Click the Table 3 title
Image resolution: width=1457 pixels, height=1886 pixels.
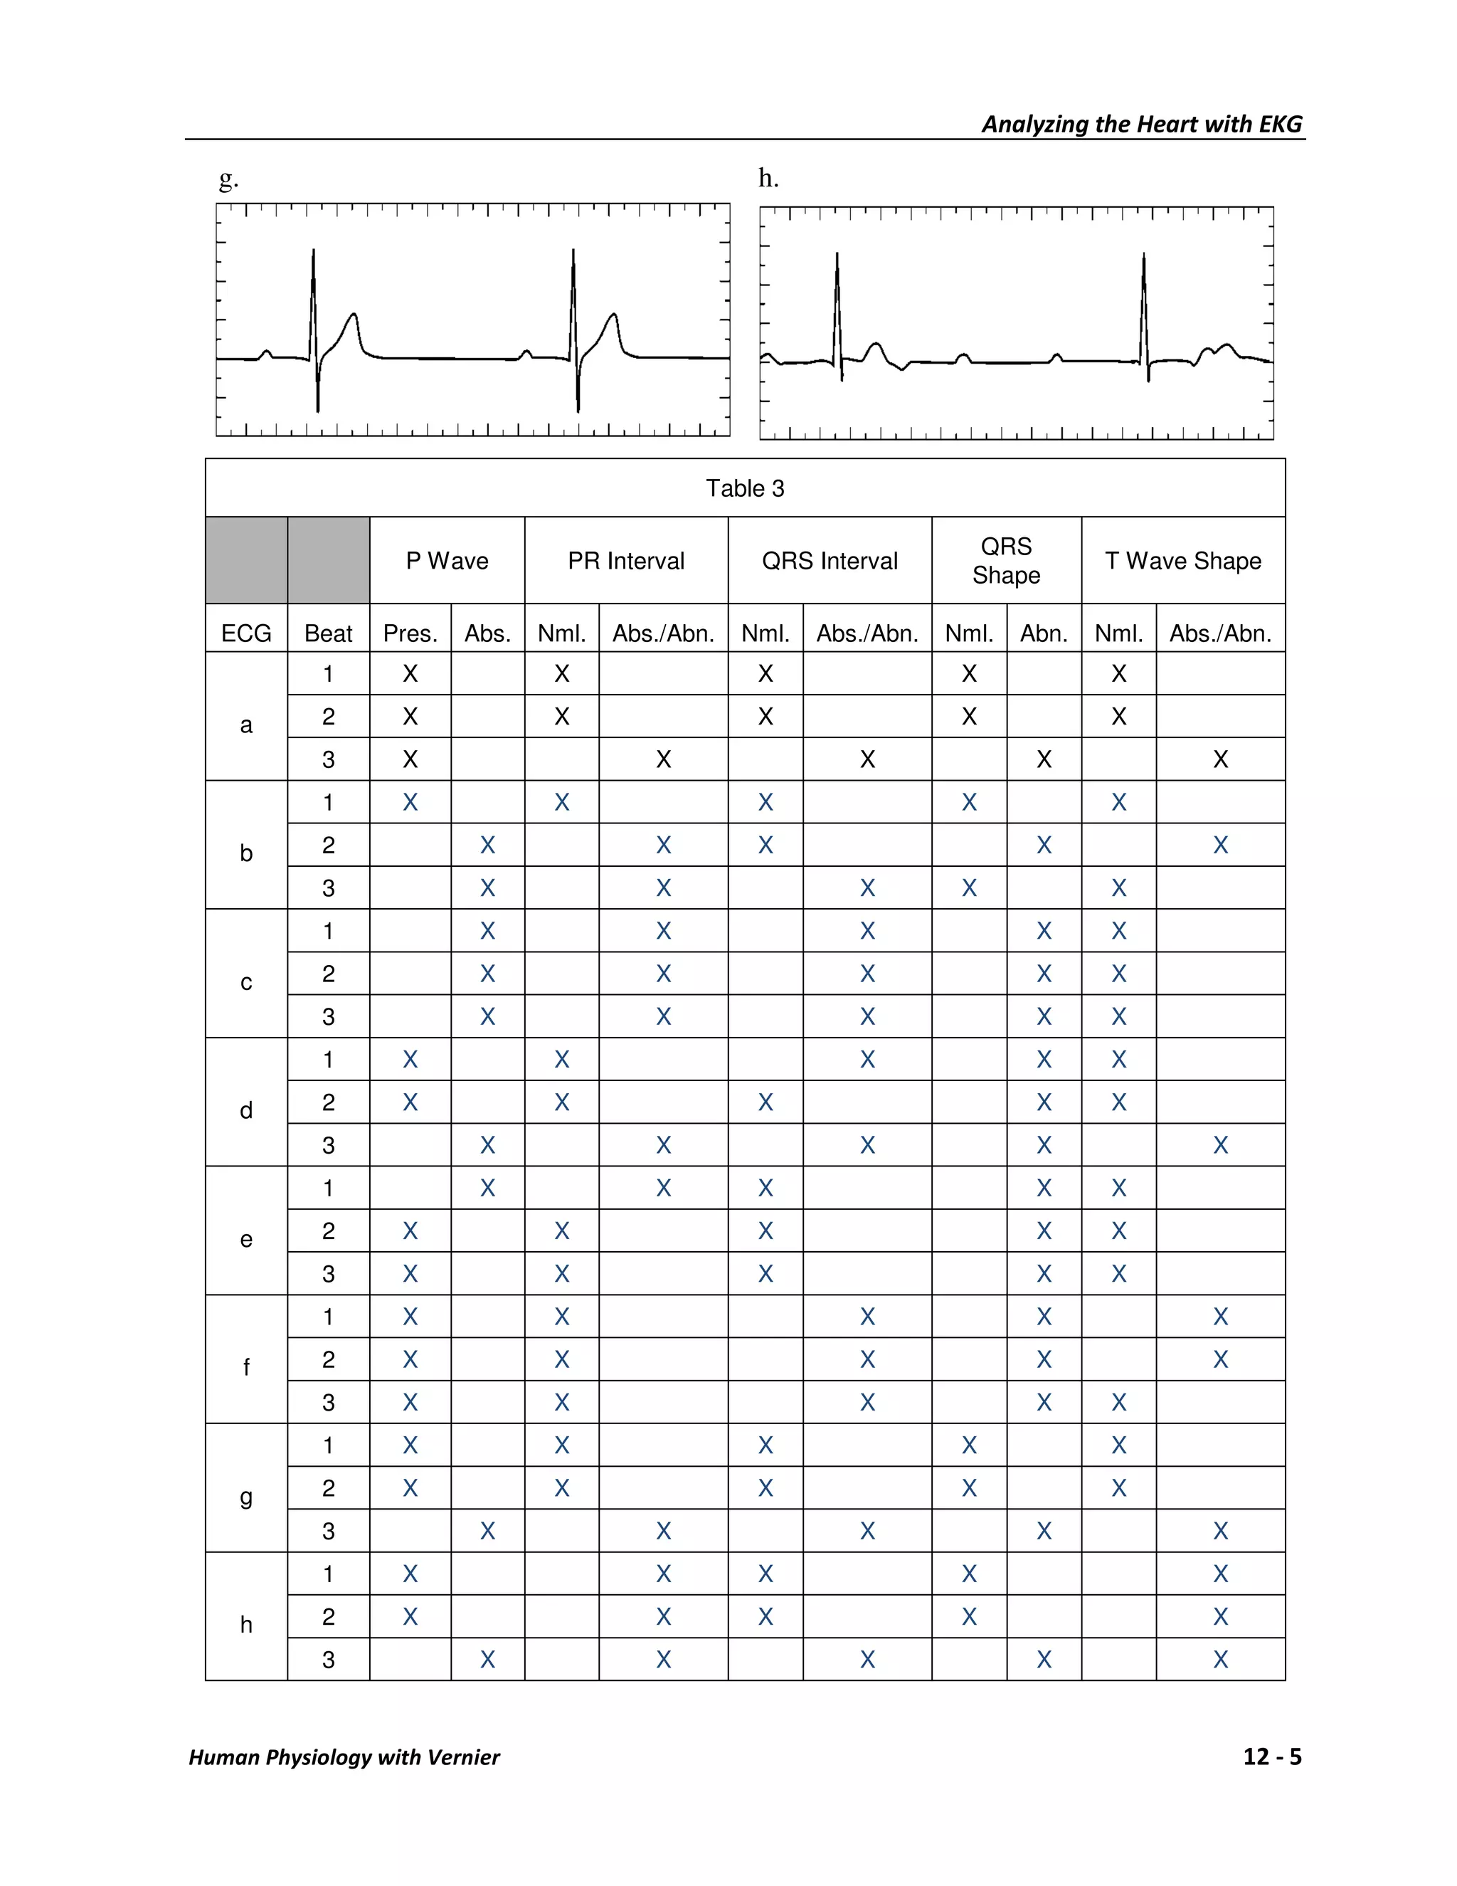(x=744, y=489)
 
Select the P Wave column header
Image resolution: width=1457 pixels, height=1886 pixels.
(x=447, y=562)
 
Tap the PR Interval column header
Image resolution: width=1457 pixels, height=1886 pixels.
(x=626, y=562)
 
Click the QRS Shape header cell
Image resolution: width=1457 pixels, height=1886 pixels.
(x=1005, y=560)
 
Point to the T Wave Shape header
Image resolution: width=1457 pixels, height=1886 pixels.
(x=1182, y=562)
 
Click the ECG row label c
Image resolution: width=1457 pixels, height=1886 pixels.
(x=246, y=983)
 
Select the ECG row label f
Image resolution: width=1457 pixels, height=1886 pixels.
(x=246, y=1368)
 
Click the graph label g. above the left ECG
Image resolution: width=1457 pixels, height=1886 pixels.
(x=228, y=179)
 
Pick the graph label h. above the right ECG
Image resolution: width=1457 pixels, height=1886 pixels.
(x=768, y=179)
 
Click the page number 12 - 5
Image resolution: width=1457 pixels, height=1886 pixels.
(x=1271, y=1757)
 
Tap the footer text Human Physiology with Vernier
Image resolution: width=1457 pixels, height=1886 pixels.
(x=344, y=1758)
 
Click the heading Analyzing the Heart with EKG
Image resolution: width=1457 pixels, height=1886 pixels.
(x=1141, y=125)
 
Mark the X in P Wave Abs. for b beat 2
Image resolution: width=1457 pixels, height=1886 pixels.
(x=487, y=845)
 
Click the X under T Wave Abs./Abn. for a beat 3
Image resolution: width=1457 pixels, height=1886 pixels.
(x=1219, y=760)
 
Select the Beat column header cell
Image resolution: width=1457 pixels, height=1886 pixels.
(x=328, y=634)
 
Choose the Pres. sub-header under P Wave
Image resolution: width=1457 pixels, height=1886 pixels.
(x=410, y=634)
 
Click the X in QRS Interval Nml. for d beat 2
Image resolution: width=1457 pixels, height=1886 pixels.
(x=765, y=1102)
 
